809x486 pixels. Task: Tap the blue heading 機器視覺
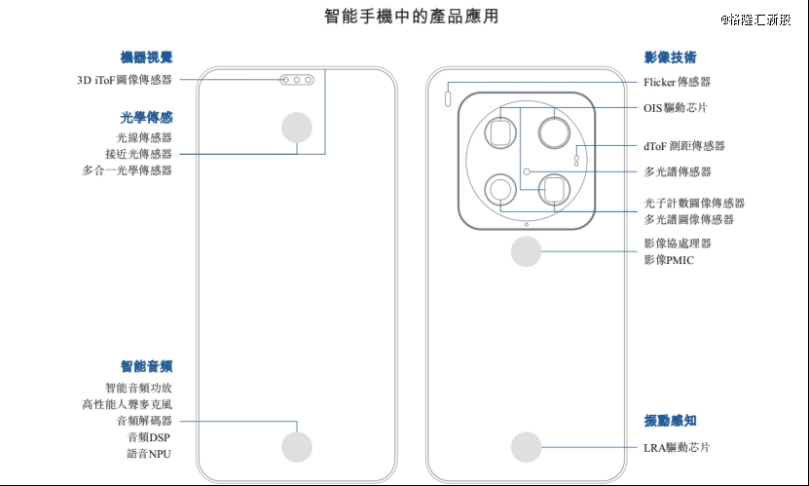[x=147, y=57]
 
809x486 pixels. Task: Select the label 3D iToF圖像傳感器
[x=125, y=80]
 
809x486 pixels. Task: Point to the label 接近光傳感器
[x=138, y=154]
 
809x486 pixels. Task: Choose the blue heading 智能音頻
[x=147, y=366]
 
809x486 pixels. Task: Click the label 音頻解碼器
[x=144, y=421]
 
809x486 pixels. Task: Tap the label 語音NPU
[x=149, y=454]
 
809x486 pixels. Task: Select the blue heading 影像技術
[x=670, y=57]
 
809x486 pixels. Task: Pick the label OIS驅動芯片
[x=677, y=107]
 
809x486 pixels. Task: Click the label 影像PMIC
[x=669, y=260]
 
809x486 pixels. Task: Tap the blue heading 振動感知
[x=670, y=421]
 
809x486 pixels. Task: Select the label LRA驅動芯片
[x=677, y=448]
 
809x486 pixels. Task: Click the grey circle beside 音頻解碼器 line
[x=297, y=447]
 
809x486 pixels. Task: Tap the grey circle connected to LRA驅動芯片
[x=527, y=447]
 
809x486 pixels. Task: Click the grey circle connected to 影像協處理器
[x=527, y=251]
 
